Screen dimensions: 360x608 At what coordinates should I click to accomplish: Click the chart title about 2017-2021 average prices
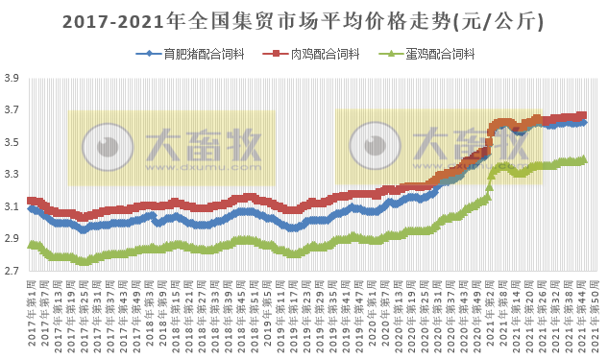point(304,20)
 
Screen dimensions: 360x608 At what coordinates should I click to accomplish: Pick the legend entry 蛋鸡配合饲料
point(445,54)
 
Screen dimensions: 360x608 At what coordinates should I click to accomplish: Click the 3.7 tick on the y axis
point(12,110)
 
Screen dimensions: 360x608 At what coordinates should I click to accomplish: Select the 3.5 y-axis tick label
point(12,143)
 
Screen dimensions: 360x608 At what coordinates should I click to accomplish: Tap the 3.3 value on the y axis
point(12,175)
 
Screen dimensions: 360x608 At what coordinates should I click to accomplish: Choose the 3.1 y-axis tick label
point(12,207)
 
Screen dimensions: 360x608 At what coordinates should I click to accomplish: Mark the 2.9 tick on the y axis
point(12,239)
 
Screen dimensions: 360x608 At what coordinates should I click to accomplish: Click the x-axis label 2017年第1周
point(32,309)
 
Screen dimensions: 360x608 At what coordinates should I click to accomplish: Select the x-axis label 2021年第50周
point(596,309)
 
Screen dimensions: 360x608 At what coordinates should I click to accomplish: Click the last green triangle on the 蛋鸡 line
point(583,159)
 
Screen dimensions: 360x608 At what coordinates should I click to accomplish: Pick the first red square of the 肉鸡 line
point(31,201)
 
